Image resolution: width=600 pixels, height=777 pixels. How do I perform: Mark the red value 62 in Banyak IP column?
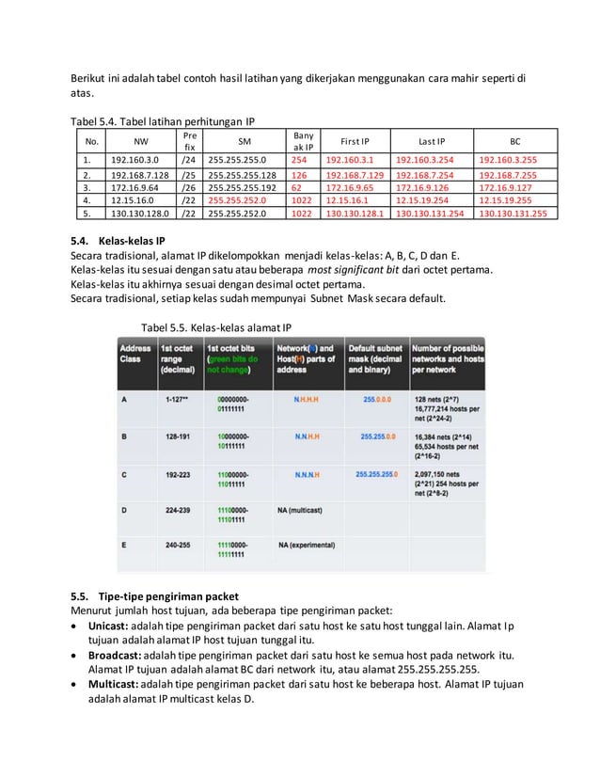[x=296, y=187]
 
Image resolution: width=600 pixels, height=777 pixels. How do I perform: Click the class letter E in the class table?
[x=125, y=545]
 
